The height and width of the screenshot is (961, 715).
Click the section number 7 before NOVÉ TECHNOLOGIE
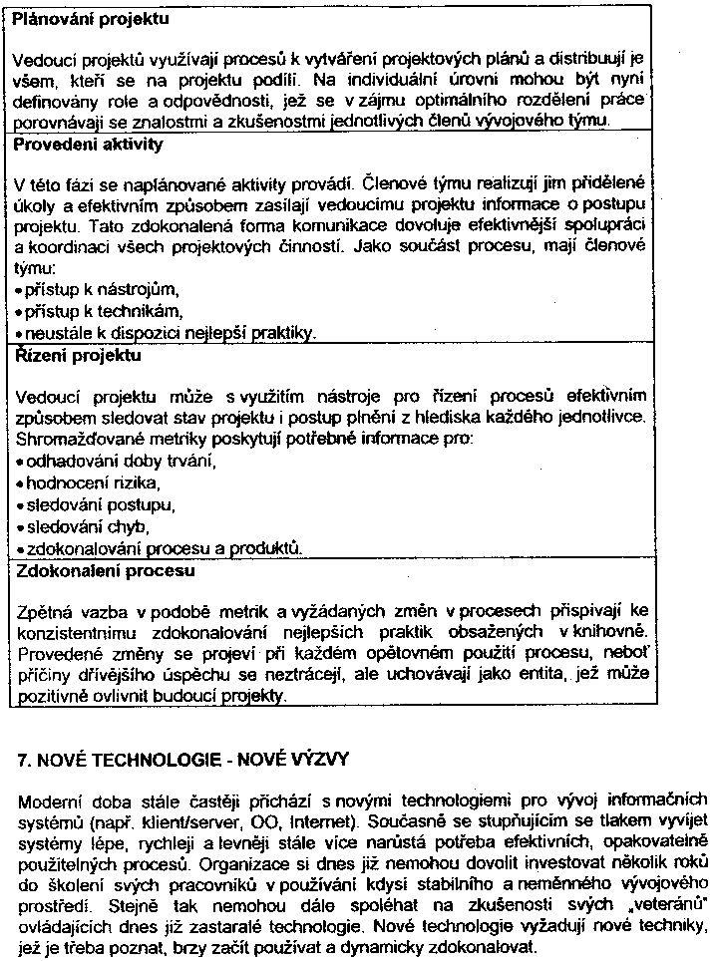tap(24, 760)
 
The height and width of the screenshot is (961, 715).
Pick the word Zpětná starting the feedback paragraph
tap(44, 610)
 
